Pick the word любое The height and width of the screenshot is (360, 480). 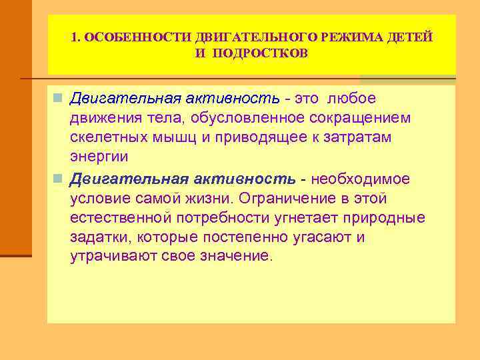352,99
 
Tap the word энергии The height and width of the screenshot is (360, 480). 99,157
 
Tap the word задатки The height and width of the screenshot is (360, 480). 98,237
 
